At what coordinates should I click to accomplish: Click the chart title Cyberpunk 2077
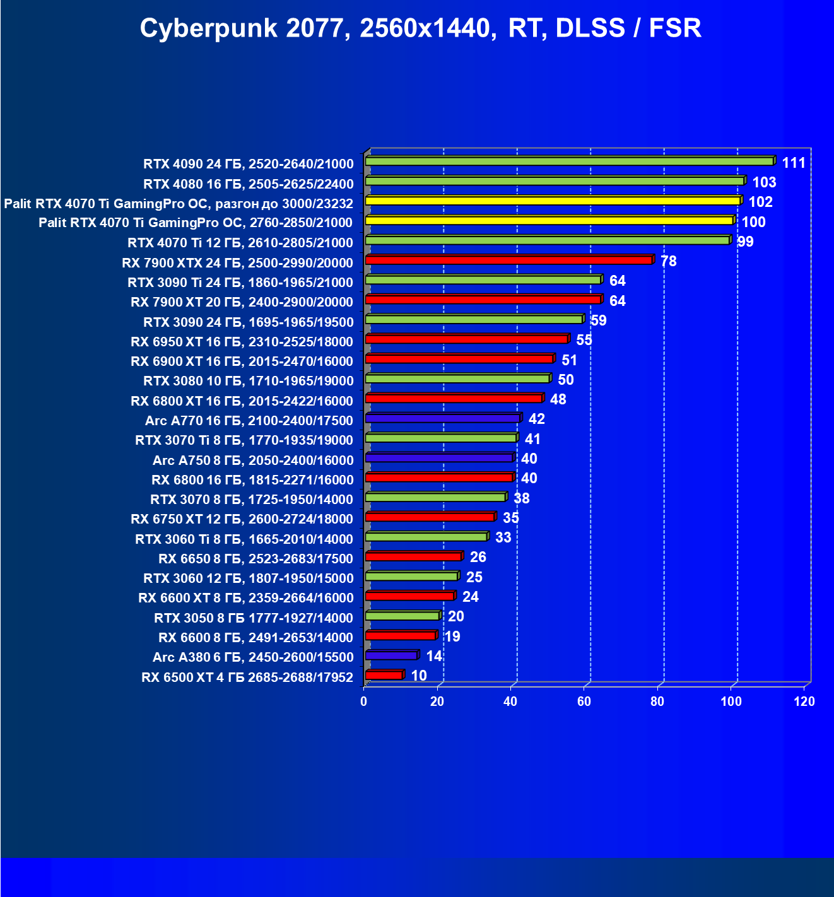tap(420, 28)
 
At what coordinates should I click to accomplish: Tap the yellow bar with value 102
tap(552, 201)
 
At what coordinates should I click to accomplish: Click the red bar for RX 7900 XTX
tap(508, 260)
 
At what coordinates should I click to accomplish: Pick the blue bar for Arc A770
tap(442, 418)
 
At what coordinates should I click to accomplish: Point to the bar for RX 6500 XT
tap(384, 675)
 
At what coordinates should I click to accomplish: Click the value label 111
tap(794, 163)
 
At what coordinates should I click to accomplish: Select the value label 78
tap(668, 261)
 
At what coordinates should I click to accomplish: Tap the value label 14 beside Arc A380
tap(434, 656)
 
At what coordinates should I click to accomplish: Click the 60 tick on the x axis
tap(584, 701)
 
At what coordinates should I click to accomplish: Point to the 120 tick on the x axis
tap(804, 701)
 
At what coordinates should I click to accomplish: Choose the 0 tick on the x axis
tap(364, 701)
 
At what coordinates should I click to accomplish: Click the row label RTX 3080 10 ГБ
tap(248, 381)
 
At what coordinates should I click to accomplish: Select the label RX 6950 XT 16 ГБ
tap(242, 342)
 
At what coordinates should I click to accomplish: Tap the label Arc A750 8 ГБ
tap(252, 460)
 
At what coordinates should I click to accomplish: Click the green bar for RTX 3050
tap(402, 616)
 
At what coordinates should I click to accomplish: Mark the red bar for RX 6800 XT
tap(454, 398)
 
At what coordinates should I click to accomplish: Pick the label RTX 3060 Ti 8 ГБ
tap(244, 539)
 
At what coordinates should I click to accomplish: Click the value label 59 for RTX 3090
tap(598, 320)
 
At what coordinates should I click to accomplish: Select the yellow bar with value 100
tap(549, 220)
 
